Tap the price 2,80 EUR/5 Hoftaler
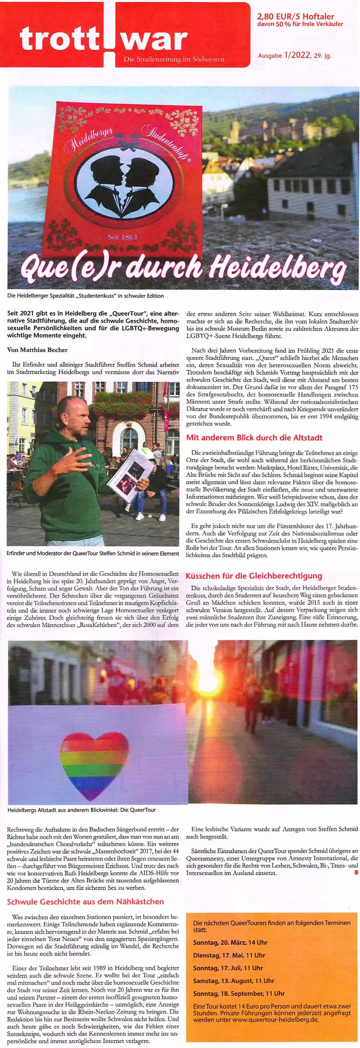click(295, 17)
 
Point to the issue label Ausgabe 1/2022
click(294, 55)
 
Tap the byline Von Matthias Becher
click(37, 350)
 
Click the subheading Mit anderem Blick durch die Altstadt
click(254, 438)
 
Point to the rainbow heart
click(94, 765)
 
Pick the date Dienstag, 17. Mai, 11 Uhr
click(229, 955)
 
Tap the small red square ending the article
click(356, 872)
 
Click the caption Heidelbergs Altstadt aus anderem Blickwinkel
click(81, 810)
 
